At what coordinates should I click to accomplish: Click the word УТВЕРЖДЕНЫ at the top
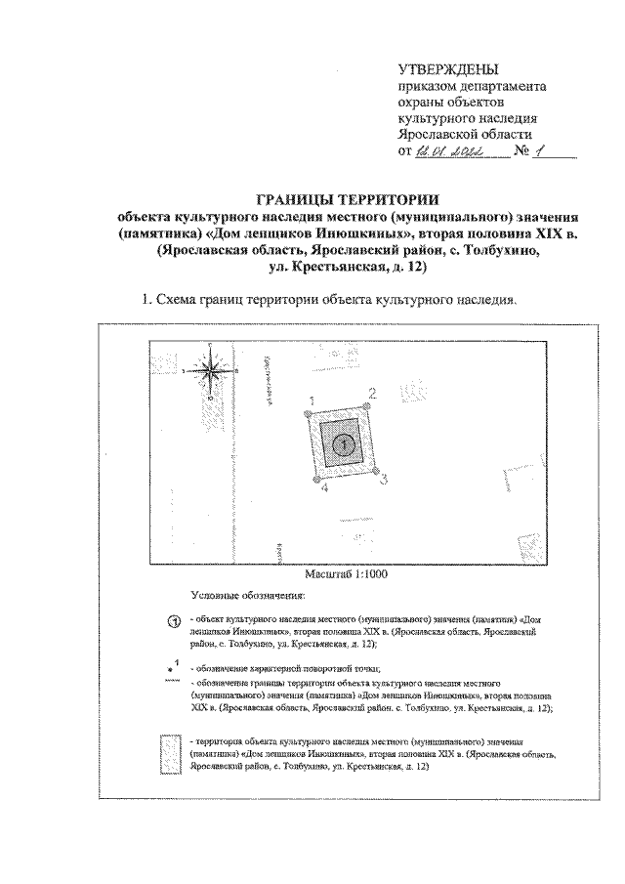[448, 69]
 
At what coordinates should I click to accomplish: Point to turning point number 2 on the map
[371, 394]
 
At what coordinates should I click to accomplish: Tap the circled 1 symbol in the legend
[174, 622]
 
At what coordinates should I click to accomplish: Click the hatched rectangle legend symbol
[173, 753]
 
